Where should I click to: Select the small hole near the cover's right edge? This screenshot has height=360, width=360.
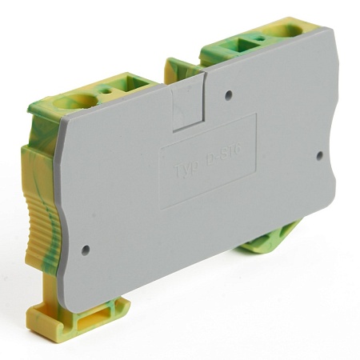(320, 155)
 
